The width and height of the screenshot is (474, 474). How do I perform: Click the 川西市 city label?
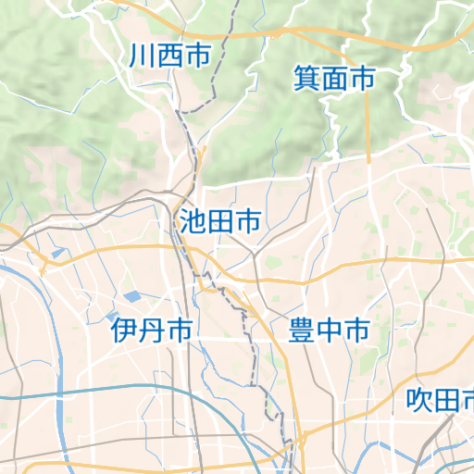pyautogui.click(x=169, y=56)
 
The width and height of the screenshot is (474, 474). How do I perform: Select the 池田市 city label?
pyautogui.click(x=218, y=221)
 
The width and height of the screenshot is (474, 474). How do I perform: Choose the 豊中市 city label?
pyautogui.click(x=329, y=330)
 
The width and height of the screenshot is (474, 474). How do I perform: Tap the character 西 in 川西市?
pyautogui.click(x=169, y=56)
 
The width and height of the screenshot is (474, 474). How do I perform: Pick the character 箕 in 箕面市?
pyautogui.click(x=306, y=79)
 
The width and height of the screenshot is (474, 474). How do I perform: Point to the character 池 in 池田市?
pyautogui.click(x=192, y=221)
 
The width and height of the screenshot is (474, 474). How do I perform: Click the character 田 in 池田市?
pyautogui.click(x=218, y=221)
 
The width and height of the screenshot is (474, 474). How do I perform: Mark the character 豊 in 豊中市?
pyautogui.click(x=302, y=330)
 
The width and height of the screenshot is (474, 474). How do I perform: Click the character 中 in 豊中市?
pyautogui.click(x=329, y=330)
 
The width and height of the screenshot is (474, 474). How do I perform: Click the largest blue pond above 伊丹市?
pyautogui.click(x=132, y=297)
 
